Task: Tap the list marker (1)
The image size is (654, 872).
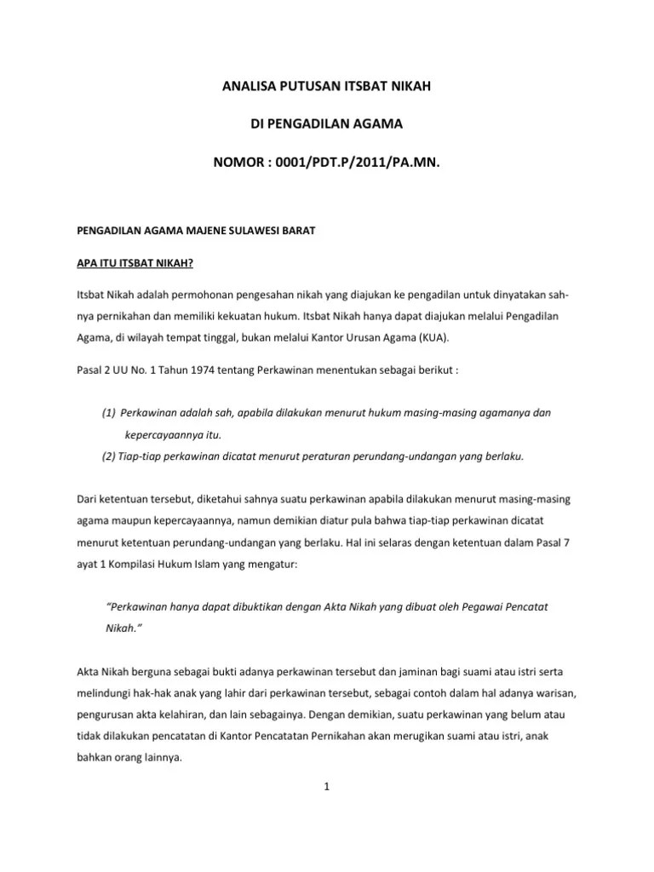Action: click(x=108, y=413)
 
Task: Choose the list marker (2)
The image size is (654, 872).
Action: click(x=108, y=456)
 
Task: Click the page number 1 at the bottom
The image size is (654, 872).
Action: click(x=326, y=788)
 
